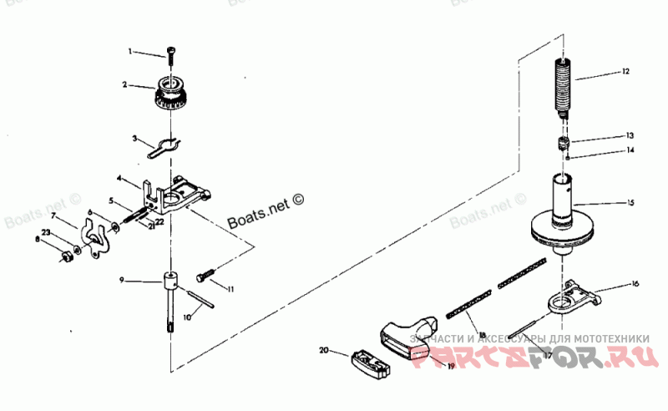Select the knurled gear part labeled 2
point(171,97)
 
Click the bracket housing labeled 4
point(178,195)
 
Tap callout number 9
point(122,281)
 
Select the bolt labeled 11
point(206,276)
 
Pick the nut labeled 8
point(67,256)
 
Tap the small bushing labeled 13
point(564,141)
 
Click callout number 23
point(47,232)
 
